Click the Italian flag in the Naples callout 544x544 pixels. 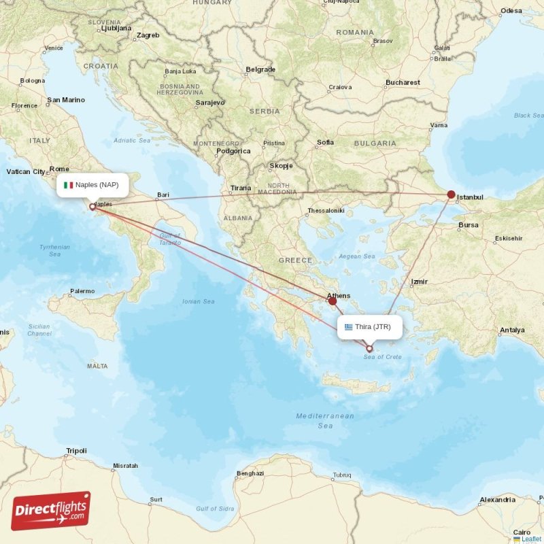(68, 185)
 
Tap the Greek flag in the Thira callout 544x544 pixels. (349, 327)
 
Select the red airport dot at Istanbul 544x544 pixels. (451, 194)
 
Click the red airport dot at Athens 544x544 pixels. (333, 301)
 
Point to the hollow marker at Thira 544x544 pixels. (370, 348)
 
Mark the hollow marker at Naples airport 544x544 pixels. (92, 206)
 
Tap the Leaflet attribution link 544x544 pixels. (531, 539)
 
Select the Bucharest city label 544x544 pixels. (403, 83)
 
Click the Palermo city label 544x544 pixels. (82, 291)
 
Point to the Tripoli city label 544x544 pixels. (76, 451)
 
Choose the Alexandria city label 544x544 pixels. (498, 500)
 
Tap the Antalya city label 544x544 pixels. (511, 330)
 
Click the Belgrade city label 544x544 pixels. (260, 69)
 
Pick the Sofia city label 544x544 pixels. (325, 143)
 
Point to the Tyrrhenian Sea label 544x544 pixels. (54, 250)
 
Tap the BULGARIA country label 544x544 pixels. (375, 143)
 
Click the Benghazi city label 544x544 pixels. (250, 473)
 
